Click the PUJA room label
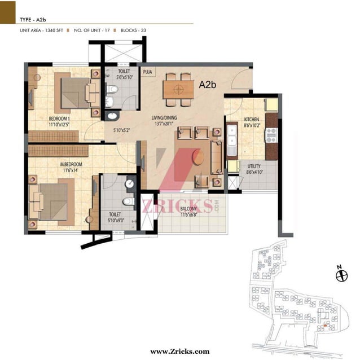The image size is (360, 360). coord(147,72)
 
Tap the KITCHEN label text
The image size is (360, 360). coord(252,120)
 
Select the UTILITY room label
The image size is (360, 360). coord(254,166)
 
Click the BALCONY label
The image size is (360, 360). coord(188,209)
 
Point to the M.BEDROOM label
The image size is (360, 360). coord(71,164)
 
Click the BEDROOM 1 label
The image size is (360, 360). coord(59,118)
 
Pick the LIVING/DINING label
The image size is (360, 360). coord(164,118)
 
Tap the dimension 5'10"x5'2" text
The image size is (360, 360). coord(122,130)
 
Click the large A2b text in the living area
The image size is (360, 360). coord(208,85)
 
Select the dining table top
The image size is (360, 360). coord(179,90)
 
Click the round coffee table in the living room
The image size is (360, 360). coord(198,157)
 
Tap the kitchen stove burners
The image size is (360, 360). coord(271,135)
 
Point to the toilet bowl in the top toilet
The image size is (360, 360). coord(112,89)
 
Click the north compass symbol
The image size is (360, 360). coord(341,275)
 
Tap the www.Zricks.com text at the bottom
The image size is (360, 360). coord(180,352)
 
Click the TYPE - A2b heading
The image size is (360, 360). coord(33,20)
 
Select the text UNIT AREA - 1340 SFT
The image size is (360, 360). coord(41,30)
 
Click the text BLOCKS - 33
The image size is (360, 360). coord(133,30)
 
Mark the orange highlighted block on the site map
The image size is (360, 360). coord(325,325)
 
